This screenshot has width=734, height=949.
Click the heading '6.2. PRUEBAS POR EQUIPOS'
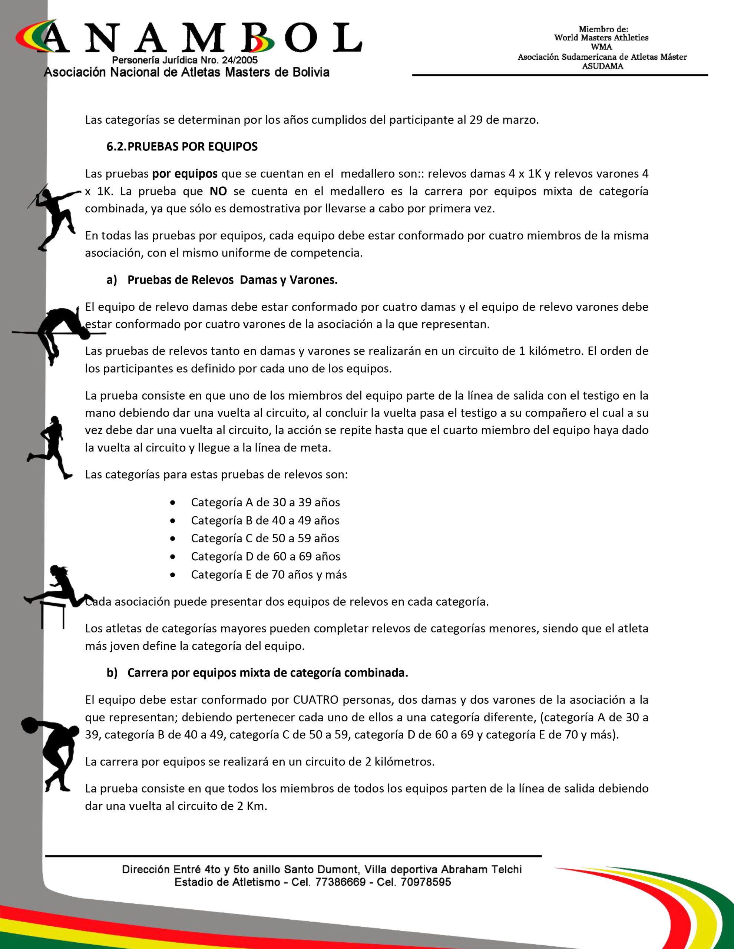point(182,147)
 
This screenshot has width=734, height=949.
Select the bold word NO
point(218,191)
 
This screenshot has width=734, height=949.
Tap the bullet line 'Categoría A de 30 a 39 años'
point(265,502)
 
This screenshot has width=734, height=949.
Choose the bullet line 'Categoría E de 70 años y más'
point(268,575)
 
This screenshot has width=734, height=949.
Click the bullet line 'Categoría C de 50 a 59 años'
point(265,538)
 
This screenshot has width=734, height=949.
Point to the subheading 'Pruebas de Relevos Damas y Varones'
point(232,280)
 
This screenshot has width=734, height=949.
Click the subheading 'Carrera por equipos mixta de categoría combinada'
point(268,673)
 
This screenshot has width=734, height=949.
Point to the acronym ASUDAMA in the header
point(602,66)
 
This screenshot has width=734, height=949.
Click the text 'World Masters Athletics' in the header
point(601,38)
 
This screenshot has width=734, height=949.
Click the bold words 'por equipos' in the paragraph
point(185,174)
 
